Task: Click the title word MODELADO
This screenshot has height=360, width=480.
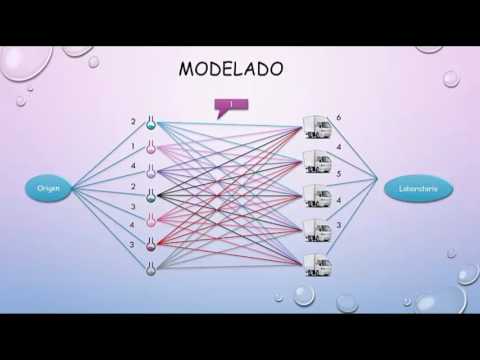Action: pos(230,69)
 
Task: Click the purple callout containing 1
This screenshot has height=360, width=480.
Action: pos(230,104)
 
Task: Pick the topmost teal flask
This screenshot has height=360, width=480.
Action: pos(151,124)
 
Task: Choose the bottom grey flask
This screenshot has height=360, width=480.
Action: pos(151,266)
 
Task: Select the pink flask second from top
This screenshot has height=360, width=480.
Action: pos(151,148)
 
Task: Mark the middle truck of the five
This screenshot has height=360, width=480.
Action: pos(317,195)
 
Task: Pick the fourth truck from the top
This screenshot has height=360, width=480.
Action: pos(317,229)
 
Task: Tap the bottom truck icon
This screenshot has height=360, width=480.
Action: pos(317,263)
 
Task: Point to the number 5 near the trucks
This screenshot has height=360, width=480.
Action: pos(339,174)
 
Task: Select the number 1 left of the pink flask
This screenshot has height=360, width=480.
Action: pos(134,146)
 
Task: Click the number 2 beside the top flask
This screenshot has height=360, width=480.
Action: pos(132,123)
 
